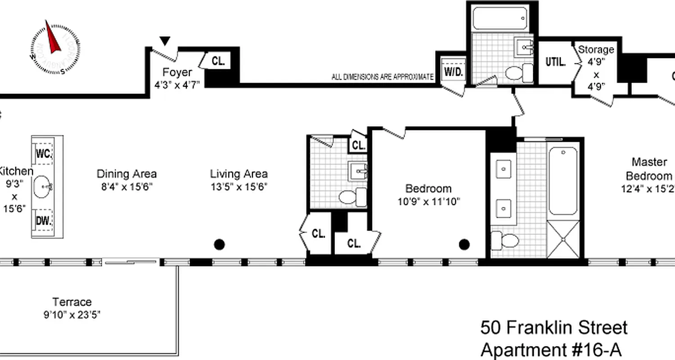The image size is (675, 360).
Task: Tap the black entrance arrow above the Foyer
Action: pos(165,41)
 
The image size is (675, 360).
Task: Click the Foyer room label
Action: pos(177,72)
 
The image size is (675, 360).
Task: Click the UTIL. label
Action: pos(555,62)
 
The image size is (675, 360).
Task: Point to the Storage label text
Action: pos(596,49)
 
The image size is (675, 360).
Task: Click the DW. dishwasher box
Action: pos(44,220)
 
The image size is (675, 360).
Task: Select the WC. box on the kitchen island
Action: pos(44,153)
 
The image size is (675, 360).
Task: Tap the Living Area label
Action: pos(238,174)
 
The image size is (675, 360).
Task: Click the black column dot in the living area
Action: pos(219,244)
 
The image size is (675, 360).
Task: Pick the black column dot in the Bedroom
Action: pos(464,244)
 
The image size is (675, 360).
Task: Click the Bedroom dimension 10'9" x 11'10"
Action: pos(428,202)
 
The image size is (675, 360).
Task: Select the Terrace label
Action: pos(72,302)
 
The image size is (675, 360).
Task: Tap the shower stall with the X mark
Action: pos(562,239)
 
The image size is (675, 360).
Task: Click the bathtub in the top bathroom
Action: pos(499,18)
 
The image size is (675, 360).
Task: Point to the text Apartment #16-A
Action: pos(552,349)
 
